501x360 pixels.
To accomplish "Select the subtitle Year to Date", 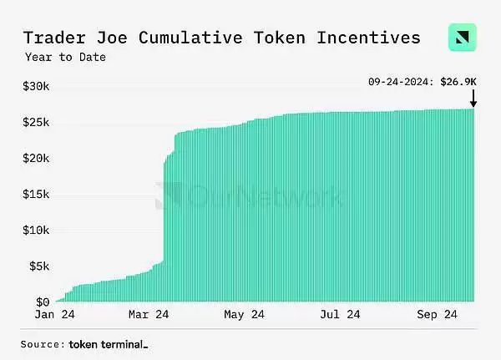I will point(64,58).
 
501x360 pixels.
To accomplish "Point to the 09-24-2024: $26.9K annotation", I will point(423,82).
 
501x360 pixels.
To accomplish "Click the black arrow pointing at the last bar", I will point(473,98).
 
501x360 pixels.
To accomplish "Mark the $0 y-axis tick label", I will point(42,302).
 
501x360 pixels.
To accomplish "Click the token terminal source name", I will point(108,344).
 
